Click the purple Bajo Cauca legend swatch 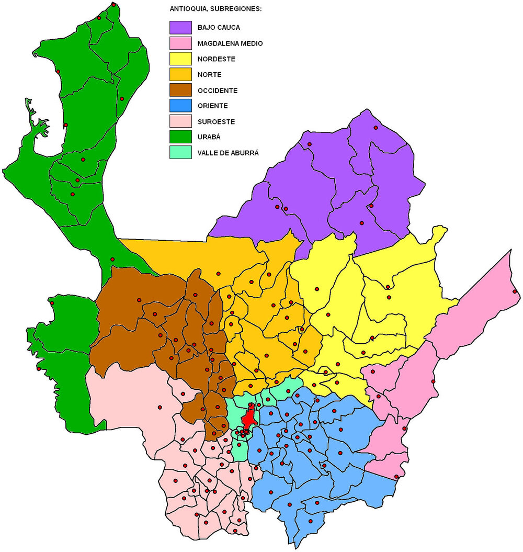180,27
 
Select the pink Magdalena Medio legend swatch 180,43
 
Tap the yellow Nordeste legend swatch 180,59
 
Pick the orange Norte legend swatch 180,74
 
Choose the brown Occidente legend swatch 180,90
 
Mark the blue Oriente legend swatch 180,106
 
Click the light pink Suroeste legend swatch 180,121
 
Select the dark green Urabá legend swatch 180,137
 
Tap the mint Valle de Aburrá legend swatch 180,153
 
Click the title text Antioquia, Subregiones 215,9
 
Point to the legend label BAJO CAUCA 218,27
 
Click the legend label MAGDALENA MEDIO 230,43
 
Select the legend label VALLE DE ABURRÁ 228,153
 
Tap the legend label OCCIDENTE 218,91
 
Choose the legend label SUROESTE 216,122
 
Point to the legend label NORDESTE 216,59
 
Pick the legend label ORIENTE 212,106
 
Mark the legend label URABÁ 209,137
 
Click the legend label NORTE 209,75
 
